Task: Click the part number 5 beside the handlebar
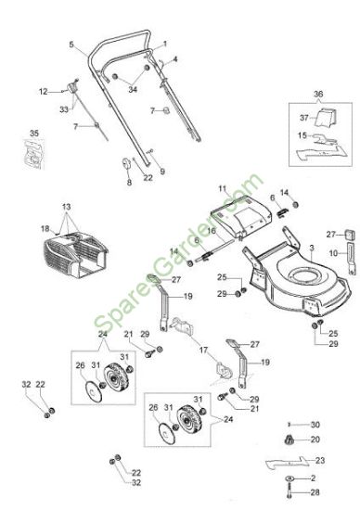pos(71,45)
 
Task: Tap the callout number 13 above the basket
pos(66,207)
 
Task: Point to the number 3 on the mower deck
pos(312,249)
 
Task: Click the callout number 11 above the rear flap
pos(223,189)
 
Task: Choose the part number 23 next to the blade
pos(320,461)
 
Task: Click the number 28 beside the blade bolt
pos(315,492)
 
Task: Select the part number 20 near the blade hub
pos(315,440)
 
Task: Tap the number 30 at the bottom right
pos(315,425)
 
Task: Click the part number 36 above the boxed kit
pos(318,94)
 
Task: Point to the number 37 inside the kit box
pos(304,118)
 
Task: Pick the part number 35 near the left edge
pos(34,133)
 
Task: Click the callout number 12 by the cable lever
pos(44,92)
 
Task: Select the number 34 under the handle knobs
pos(133,89)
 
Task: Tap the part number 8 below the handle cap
pos(129,183)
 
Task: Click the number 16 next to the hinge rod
pos(212,231)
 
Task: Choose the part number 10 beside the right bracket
pos(333,253)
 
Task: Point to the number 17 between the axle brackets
pos(203,351)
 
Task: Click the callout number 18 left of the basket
pos(45,229)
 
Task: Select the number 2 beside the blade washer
pos(313,478)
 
